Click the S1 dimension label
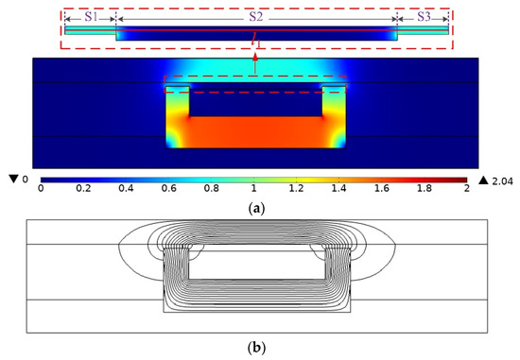click(x=91, y=16)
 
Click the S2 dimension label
click(x=256, y=16)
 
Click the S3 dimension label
click(x=424, y=16)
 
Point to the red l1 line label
click(x=255, y=42)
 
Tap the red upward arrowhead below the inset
click(x=255, y=56)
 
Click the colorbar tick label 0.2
click(x=83, y=188)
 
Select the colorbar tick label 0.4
click(x=126, y=188)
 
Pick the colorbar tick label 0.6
click(x=169, y=188)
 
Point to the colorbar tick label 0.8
click(x=212, y=188)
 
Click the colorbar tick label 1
click(x=254, y=188)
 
